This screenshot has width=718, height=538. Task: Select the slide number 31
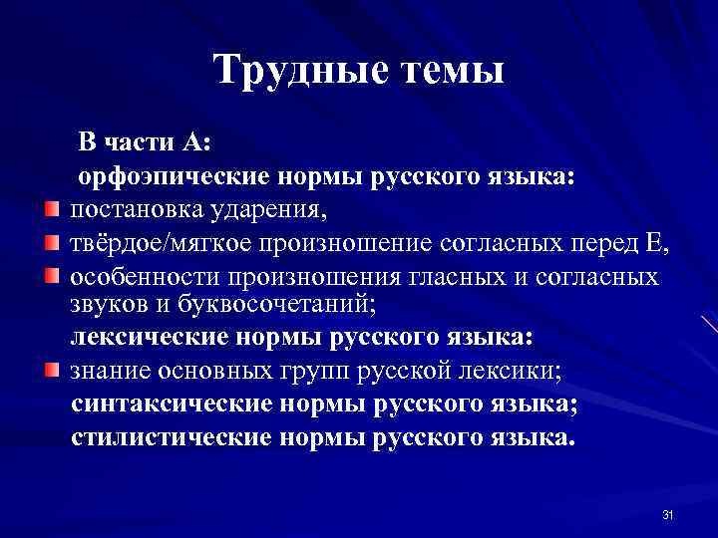[x=668, y=515]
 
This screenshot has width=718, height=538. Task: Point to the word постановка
[x=133, y=211]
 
